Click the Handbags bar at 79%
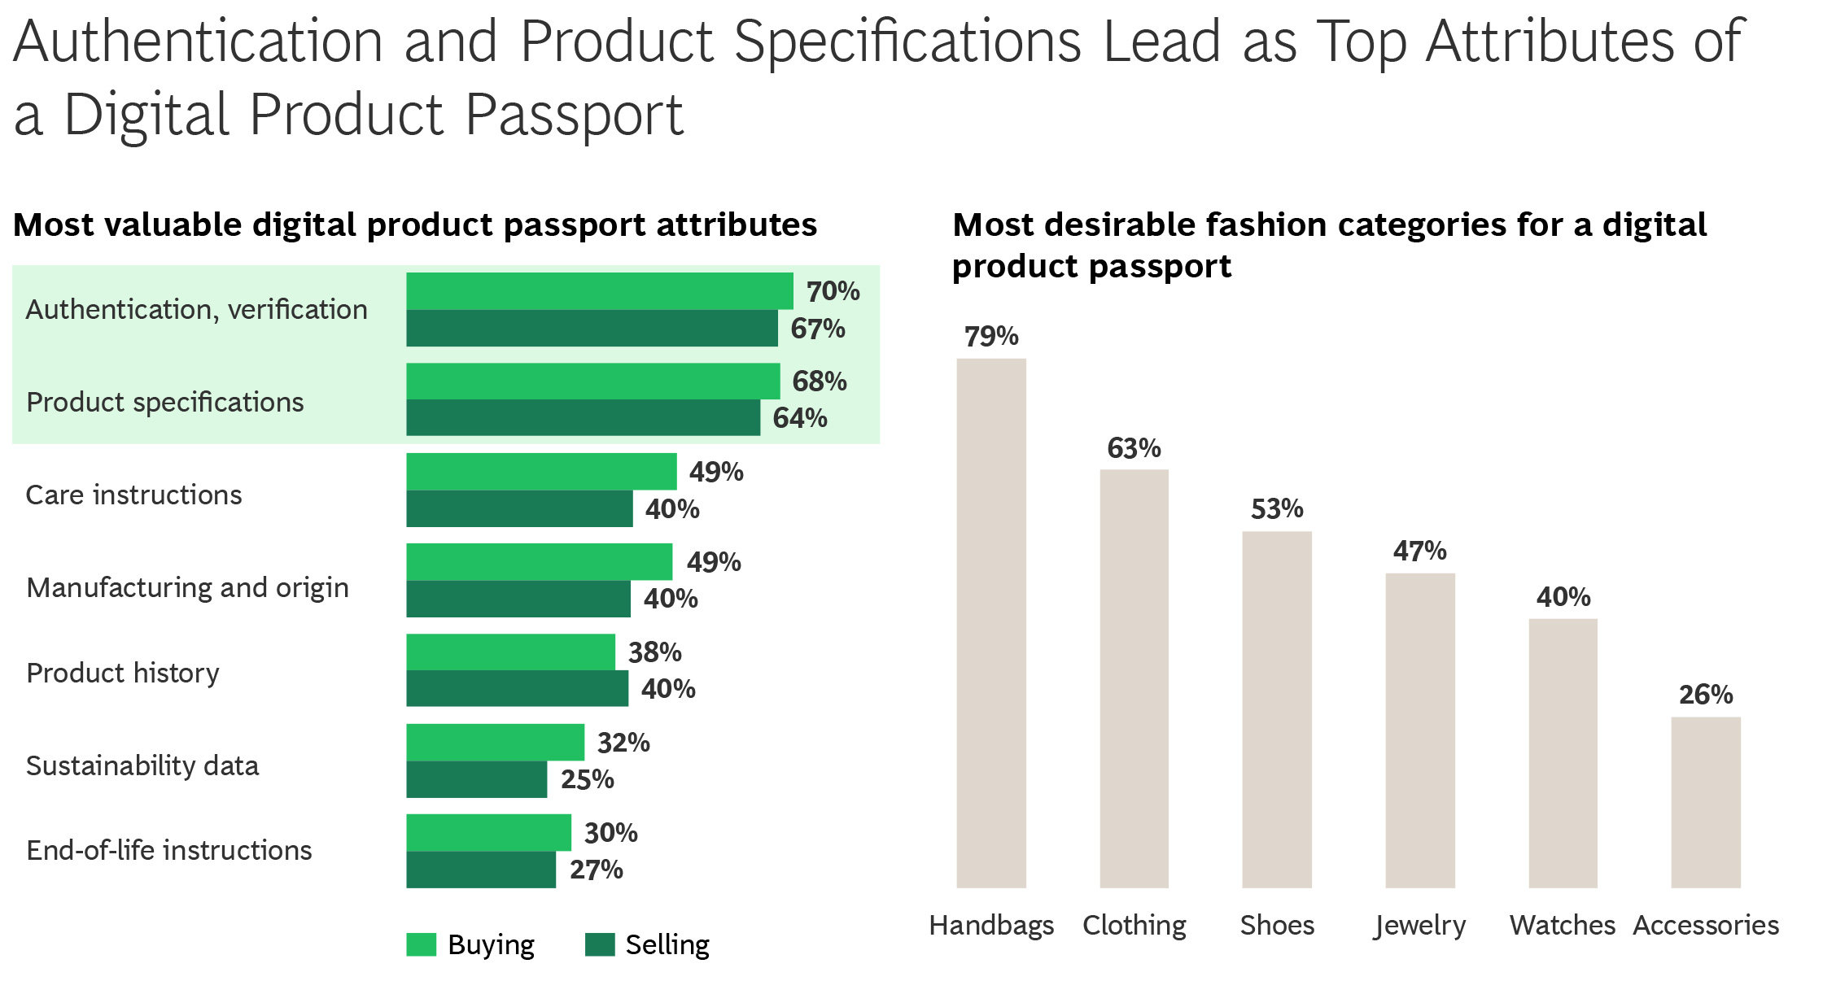coord(990,622)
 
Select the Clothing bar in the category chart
coord(1134,678)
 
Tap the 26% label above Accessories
coord(1705,695)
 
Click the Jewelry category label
coord(1419,926)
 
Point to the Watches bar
coord(1562,752)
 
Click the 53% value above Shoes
coord(1276,509)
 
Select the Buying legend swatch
coord(421,944)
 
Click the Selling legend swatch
coord(600,944)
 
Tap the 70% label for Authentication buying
coord(833,291)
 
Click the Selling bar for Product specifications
coord(583,417)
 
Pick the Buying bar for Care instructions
coord(541,472)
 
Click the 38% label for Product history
coord(654,652)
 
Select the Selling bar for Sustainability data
coord(476,779)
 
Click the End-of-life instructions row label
coord(168,850)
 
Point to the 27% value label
coord(596,870)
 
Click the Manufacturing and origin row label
coord(187,587)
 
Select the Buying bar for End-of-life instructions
coord(488,832)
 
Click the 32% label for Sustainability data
coord(623,743)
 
